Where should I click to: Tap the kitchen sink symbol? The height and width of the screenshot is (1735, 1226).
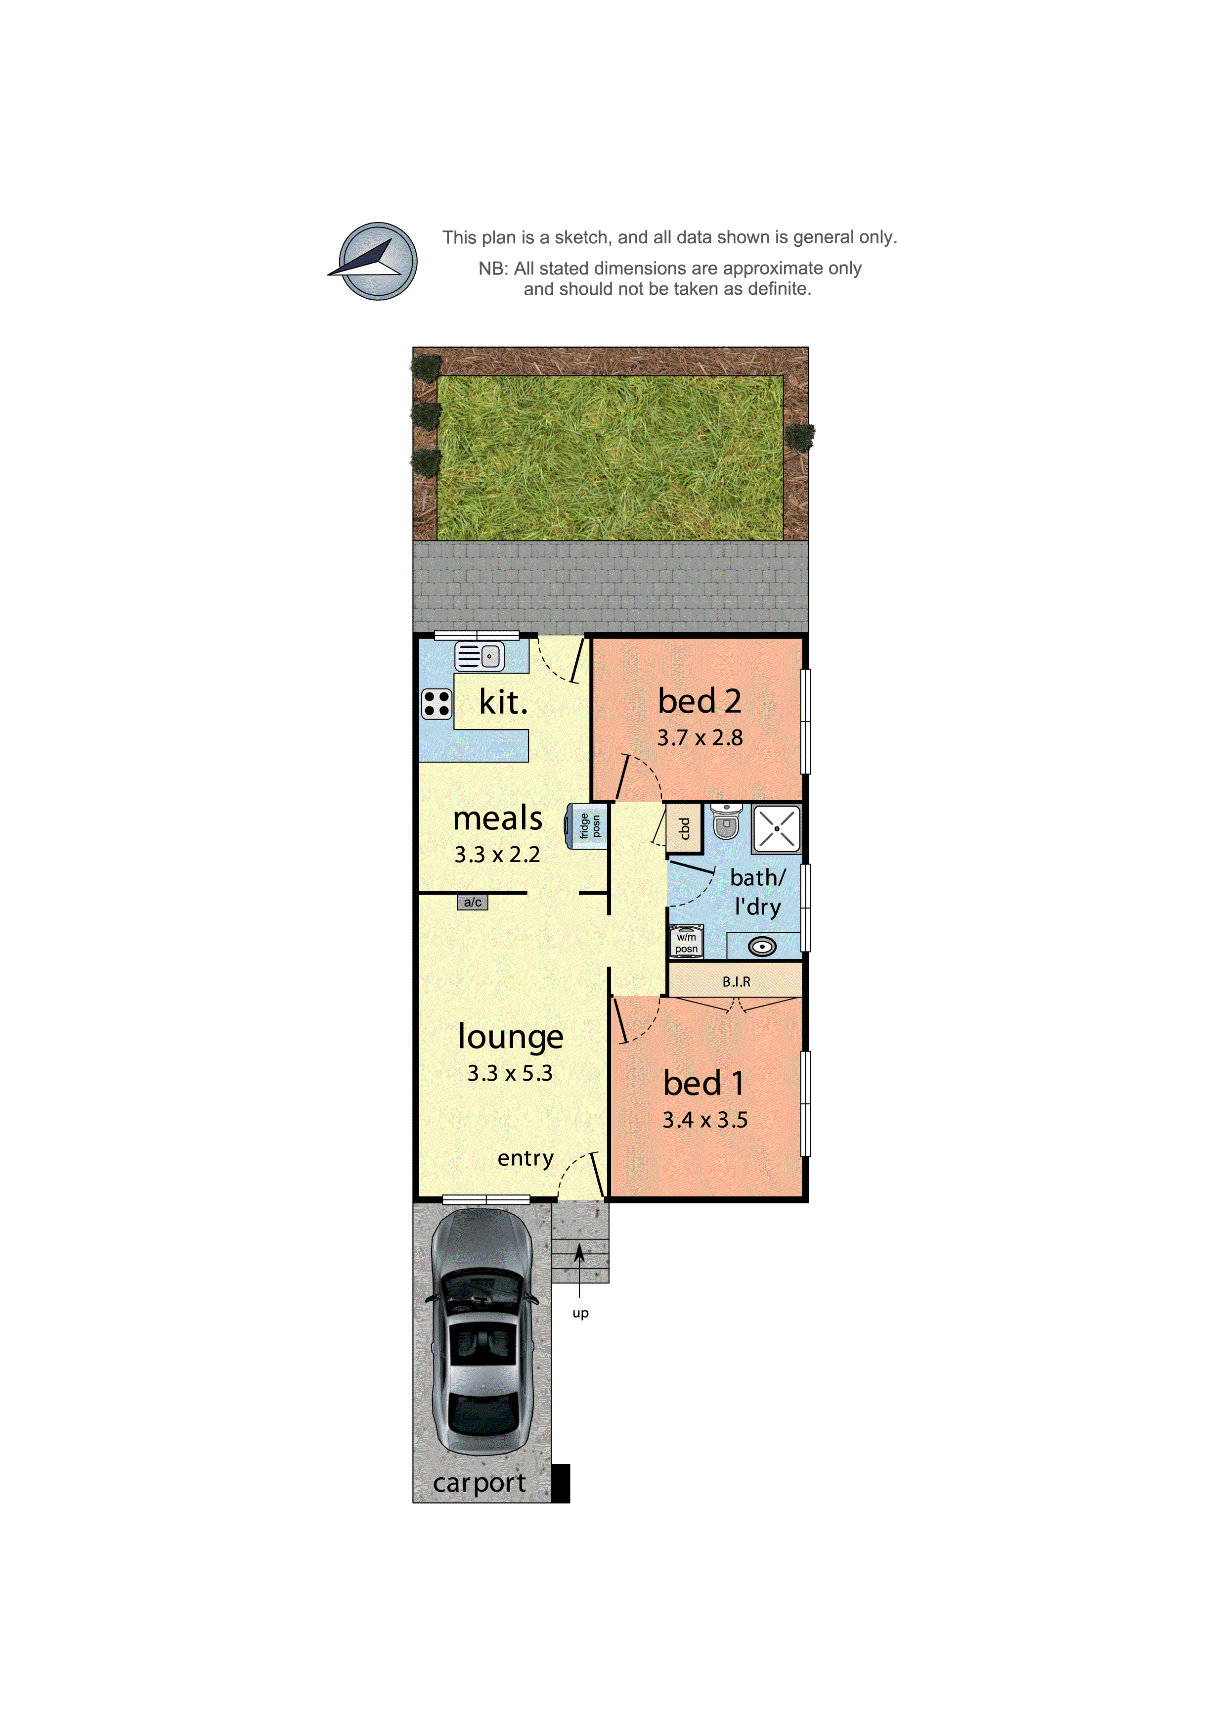pos(479,656)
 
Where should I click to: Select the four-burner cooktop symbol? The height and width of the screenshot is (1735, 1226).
pos(437,703)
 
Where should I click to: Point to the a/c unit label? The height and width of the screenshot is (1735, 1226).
pos(472,902)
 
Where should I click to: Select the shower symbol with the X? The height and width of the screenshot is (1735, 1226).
pos(776,829)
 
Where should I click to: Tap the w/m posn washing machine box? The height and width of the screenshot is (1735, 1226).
pos(686,942)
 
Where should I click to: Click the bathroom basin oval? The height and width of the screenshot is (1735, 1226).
pos(762,946)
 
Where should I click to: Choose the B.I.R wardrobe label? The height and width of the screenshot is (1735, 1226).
pos(736,982)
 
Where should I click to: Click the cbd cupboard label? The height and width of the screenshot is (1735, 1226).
pos(684,829)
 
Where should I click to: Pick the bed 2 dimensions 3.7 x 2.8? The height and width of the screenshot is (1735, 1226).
pos(700,737)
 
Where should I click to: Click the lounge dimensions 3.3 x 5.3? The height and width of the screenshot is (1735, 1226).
pos(510,1073)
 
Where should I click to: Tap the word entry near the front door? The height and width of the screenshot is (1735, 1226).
pos(525,1158)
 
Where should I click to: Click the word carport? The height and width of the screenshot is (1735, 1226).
pos(479,1483)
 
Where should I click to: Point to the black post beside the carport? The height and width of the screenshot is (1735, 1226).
pos(561,1483)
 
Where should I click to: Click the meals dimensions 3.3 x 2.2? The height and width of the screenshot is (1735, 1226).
pos(497,855)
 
